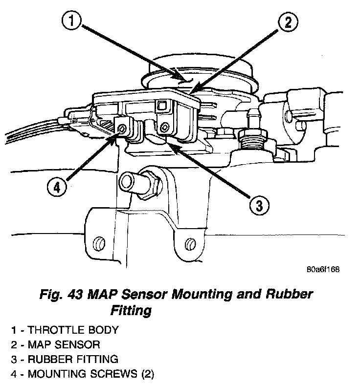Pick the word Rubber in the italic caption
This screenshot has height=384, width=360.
(x=288, y=295)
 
